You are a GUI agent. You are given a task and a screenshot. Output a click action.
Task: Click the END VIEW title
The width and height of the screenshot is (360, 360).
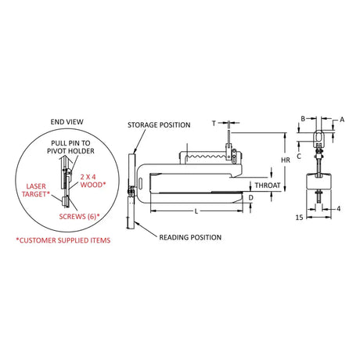(x=67, y=122)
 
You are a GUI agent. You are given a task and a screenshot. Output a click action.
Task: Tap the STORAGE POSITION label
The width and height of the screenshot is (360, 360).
(x=159, y=125)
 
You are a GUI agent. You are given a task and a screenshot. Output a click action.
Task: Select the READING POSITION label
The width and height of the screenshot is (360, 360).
(x=190, y=237)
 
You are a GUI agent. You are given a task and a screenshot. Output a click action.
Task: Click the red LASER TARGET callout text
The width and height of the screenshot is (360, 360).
(x=36, y=190)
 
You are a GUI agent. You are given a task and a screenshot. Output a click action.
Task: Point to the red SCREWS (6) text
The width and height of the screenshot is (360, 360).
(x=79, y=217)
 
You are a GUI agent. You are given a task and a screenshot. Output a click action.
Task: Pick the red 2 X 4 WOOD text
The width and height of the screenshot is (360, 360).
(x=93, y=181)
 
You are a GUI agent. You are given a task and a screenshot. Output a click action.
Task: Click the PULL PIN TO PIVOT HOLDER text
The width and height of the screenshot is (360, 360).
(x=70, y=147)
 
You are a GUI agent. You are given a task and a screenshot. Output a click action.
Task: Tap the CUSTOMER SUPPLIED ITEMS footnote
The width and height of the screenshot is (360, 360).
(x=63, y=240)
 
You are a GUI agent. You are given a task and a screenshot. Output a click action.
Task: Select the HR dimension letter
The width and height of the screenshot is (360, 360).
(x=286, y=160)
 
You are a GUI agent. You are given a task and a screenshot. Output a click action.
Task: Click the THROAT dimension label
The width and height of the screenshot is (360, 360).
(x=268, y=185)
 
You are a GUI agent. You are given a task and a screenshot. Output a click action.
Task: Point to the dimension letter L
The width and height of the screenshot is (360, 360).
(x=196, y=211)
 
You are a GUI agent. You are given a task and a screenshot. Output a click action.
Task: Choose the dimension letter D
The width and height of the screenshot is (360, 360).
(x=251, y=198)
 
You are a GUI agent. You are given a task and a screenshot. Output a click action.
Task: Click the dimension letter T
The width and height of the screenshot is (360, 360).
(x=214, y=123)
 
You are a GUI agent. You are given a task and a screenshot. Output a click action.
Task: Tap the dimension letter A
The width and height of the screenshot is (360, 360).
(x=342, y=120)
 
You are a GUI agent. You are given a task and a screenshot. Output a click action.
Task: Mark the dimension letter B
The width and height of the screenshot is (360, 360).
(x=303, y=119)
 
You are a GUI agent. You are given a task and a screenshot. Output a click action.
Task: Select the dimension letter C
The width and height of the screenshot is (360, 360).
(x=299, y=156)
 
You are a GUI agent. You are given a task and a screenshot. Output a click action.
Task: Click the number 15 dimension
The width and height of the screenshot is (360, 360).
(x=299, y=218)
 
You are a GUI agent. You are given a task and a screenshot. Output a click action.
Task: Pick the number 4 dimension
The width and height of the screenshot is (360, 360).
(x=338, y=209)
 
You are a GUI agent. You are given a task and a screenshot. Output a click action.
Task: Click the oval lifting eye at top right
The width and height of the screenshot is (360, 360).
(x=319, y=137)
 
